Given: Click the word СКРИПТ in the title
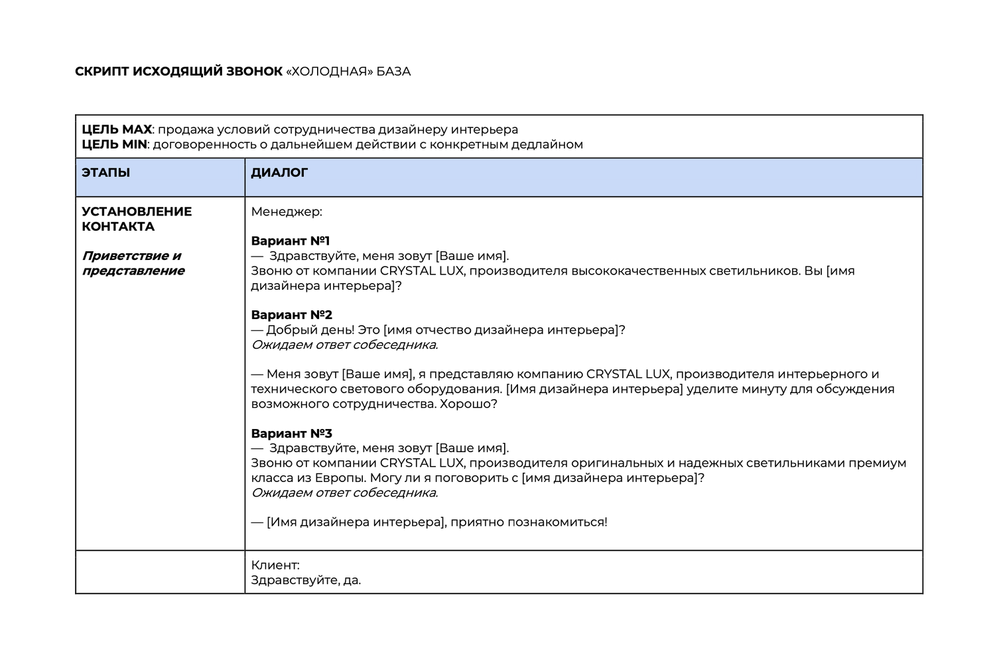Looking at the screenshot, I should [x=101, y=72].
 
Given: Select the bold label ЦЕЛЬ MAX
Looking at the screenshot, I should [x=117, y=130].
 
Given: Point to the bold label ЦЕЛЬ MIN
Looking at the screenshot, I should [x=114, y=145].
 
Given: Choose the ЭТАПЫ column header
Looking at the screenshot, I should [x=105, y=173].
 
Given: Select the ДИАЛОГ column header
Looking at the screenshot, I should [x=279, y=173].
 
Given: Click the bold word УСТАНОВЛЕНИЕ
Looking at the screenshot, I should [x=137, y=212].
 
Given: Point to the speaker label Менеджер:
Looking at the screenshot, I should [x=287, y=212].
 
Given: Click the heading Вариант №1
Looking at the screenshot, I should [x=291, y=241].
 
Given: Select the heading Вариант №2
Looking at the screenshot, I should [x=291, y=315].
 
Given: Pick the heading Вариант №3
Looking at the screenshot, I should [x=291, y=434].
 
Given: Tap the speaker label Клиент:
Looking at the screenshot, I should [x=275, y=566].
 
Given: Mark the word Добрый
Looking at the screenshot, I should [x=288, y=330].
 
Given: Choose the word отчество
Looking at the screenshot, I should [x=444, y=330].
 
